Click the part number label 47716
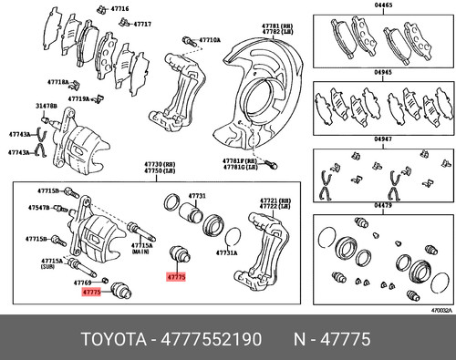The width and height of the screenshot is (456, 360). (120, 8)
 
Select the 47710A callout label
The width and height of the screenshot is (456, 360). (210, 41)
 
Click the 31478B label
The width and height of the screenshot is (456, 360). (47, 107)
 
